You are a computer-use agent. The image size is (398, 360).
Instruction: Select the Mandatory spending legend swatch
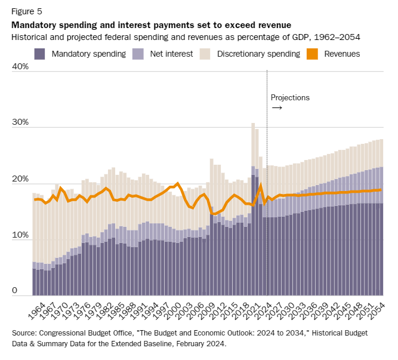point(40,54)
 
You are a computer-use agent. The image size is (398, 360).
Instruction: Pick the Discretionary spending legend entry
point(258,54)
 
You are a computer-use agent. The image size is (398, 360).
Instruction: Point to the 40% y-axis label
point(20,67)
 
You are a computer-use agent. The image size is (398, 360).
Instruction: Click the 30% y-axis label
point(20,122)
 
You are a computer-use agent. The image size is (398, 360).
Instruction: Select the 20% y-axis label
point(20,179)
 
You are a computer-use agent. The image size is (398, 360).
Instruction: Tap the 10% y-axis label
point(20,235)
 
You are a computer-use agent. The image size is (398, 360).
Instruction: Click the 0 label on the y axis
point(16,291)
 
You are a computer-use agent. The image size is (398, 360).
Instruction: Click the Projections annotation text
point(290,97)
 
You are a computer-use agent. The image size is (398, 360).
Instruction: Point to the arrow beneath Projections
point(277,108)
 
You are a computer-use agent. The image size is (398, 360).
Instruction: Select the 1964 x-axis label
point(37,310)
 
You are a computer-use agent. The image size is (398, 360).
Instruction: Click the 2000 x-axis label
point(173,310)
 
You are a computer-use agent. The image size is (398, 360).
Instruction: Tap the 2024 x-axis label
point(264,310)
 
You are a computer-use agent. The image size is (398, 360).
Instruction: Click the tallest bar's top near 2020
point(253,124)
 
